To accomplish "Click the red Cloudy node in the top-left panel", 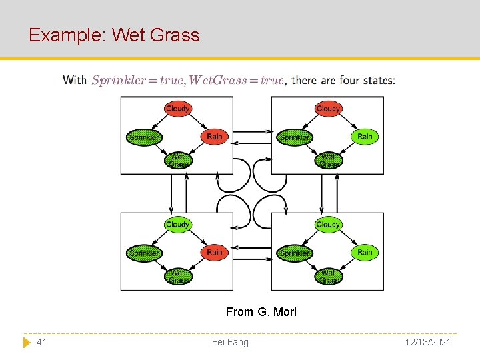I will tap(177, 109).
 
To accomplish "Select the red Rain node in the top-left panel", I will tap(214, 137).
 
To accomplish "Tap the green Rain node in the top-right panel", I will tap(365, 137).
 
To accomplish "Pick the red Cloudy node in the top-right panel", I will tap(328, 109).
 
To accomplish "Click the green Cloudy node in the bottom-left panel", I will tap(177, 225).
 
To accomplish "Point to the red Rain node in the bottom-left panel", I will tap(214, 253).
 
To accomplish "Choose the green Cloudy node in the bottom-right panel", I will tap(328, 225).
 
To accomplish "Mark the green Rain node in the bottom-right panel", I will tap(365, 253).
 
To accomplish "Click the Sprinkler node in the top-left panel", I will tap(144, 138).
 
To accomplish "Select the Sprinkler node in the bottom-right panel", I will tap(295, 253).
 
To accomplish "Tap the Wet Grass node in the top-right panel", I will tap(328, 160).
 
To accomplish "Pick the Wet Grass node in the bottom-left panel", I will tap(177, 276).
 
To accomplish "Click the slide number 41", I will tap(41, 342).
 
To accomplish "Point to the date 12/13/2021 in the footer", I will tap(427, 342).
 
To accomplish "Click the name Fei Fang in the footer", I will tap(230, 342).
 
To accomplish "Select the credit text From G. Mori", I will tap(261, 312).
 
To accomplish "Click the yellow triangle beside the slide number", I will tap(26, 342).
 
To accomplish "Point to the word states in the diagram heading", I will tap(379, 80).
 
